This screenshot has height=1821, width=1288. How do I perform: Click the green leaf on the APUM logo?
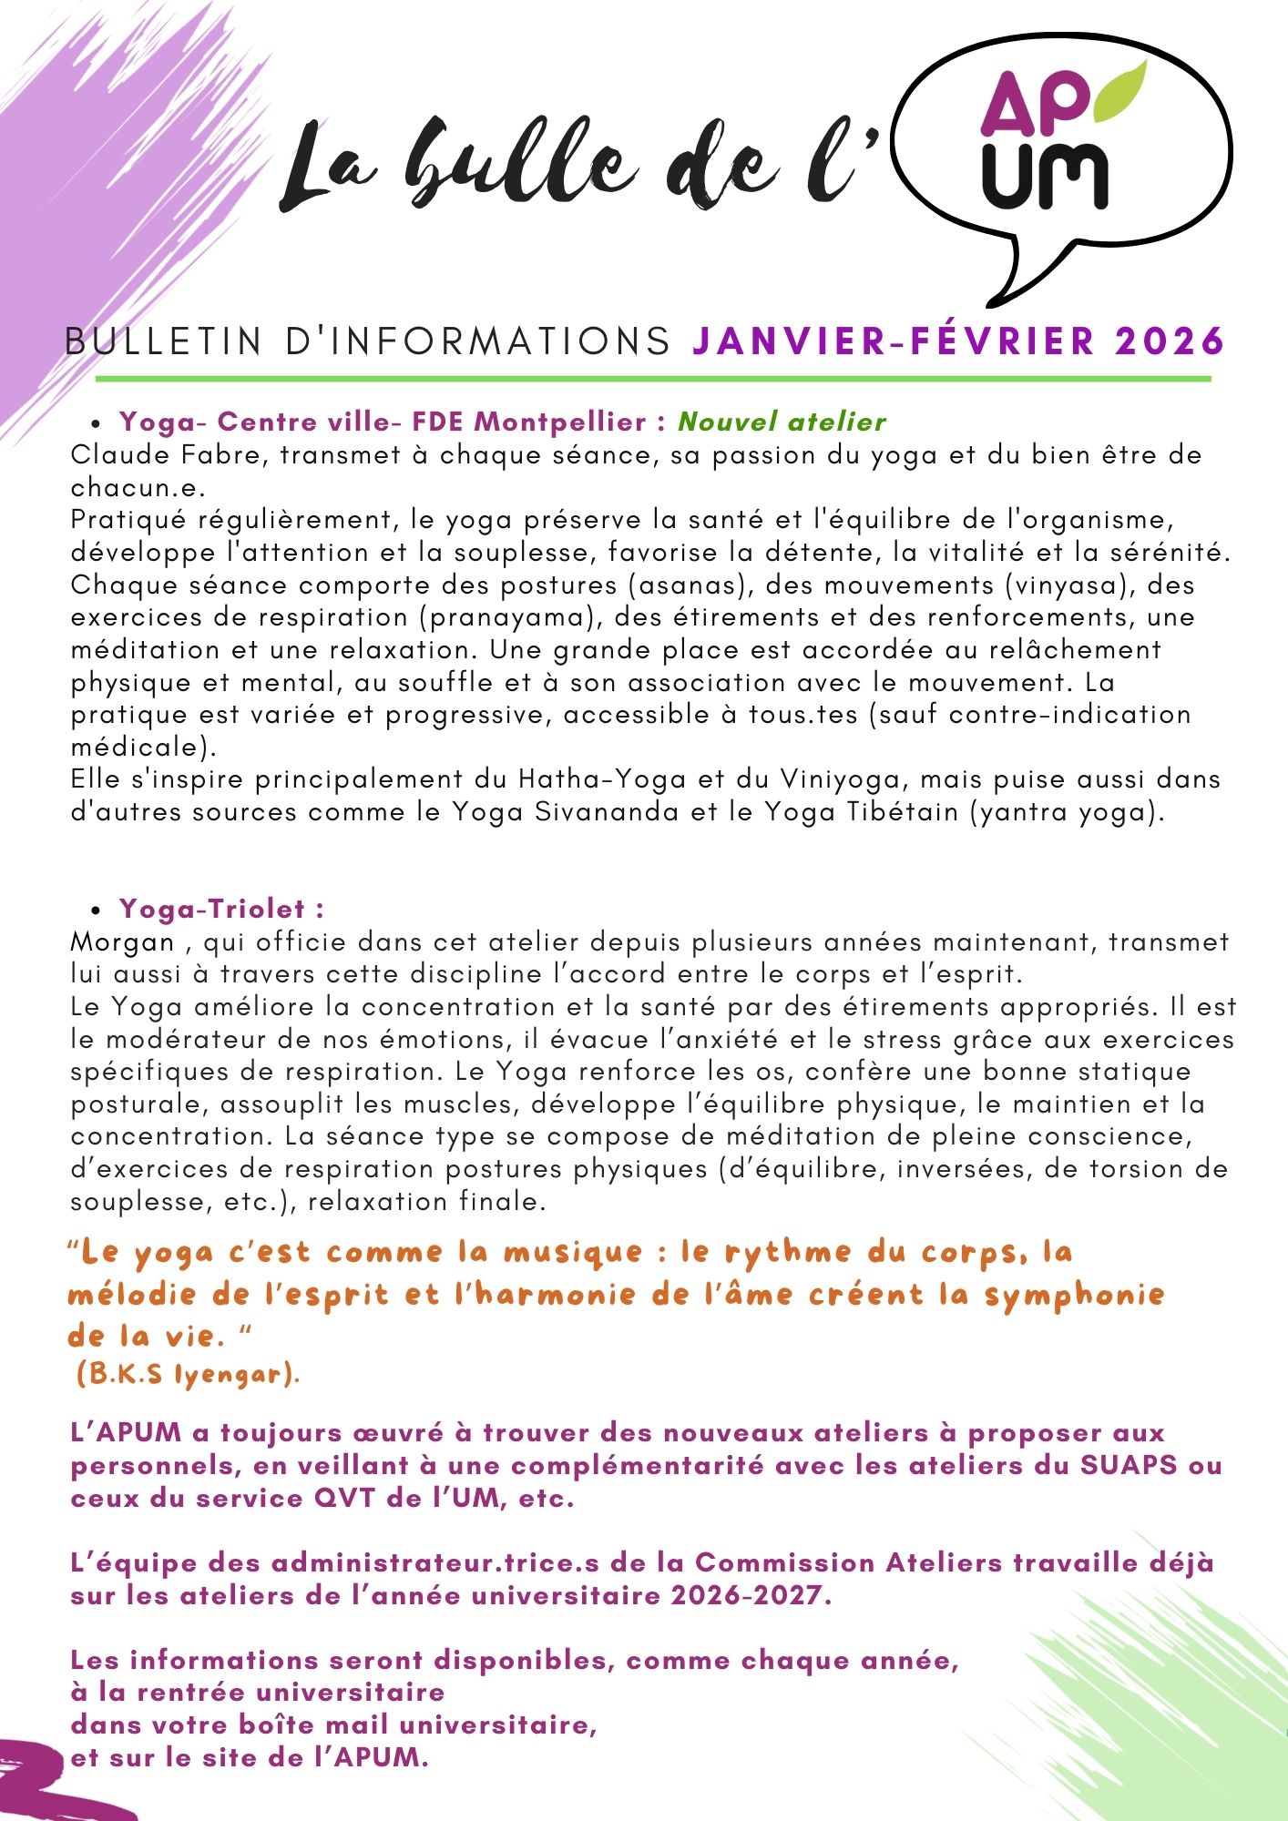point(1119,91)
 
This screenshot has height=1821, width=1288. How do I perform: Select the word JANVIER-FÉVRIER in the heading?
point(894,341)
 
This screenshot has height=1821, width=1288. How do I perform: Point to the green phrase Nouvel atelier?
point(782,422)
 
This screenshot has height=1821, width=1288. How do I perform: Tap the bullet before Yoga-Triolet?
point(96,910)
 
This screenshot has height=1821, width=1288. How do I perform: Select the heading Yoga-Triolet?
point(221,909)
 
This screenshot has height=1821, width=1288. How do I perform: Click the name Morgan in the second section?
point(122,941)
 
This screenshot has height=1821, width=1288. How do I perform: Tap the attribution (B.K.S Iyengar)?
point(188,1375)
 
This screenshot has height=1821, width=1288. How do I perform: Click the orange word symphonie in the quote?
point(1074,1295)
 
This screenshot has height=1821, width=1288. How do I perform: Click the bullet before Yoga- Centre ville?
point(96,423)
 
